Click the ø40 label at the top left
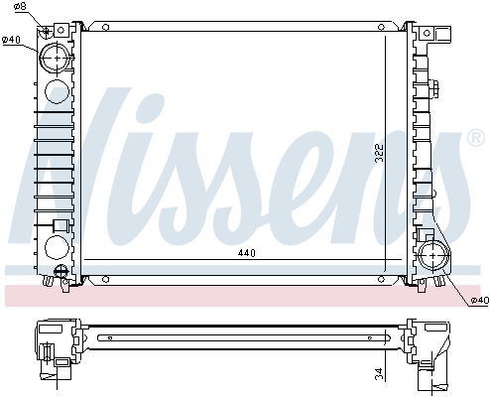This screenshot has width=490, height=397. [x=13, y=40]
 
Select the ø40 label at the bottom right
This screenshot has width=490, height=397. [x=477, y=300]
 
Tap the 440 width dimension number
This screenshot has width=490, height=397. [x=247, y=253]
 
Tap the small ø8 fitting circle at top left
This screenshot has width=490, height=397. [x=45, y=29]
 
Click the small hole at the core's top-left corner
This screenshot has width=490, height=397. [x=86, y=26]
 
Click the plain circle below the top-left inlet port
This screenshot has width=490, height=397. [x=57, y=94]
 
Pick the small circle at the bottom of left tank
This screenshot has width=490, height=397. [x=60, y=270]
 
